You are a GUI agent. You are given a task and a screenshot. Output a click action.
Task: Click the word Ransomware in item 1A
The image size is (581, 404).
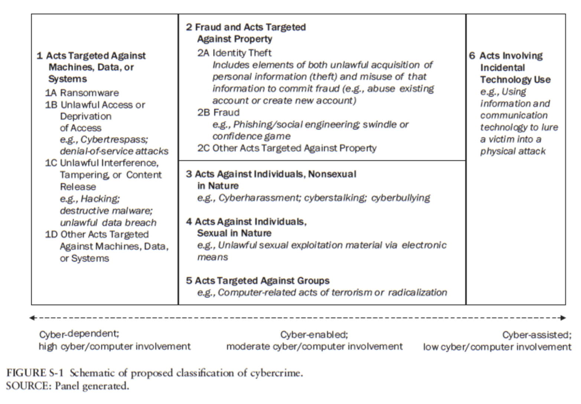tap(89, 93)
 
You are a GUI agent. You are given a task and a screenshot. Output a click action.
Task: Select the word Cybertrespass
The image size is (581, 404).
tap(114, 139)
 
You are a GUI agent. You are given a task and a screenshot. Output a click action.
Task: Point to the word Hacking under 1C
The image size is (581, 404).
tap(100, 199)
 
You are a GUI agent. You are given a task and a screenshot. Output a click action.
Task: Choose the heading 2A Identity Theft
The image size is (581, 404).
tap(234, 53)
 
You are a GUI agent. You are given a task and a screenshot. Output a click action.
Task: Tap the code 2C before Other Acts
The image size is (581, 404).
tap(203, 148)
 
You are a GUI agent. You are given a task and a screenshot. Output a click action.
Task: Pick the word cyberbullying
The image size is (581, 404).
tap(401, 198)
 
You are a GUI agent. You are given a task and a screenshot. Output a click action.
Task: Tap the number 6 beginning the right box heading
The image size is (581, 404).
tap(472, 56)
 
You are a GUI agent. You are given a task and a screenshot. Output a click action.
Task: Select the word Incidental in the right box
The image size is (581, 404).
tap(502, 68)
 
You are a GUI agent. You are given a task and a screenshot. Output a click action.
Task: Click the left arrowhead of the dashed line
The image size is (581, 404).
tap(32, 318)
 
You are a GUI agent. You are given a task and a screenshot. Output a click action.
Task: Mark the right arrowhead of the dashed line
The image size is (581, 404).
tap(564, 318)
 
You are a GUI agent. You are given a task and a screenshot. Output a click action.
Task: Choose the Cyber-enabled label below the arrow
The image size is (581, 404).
tap(314, 334)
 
